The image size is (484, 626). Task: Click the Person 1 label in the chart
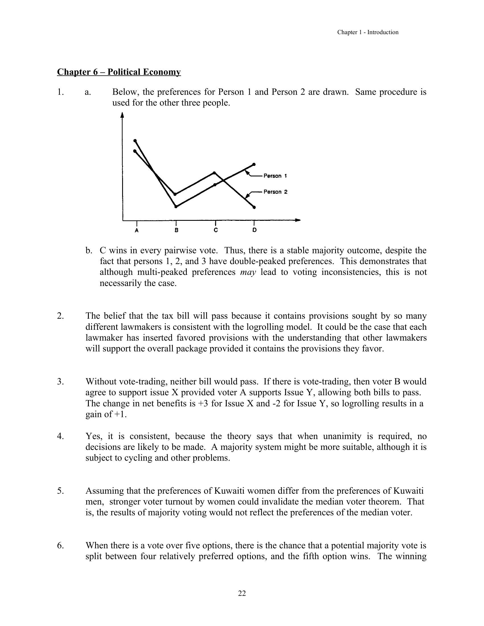click(x=275, y=176)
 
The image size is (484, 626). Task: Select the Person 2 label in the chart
click(x=275, y=192)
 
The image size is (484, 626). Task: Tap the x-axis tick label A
click(x=137, y=230)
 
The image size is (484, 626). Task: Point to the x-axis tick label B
click(x=176, y=230)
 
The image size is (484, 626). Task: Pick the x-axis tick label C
click(x=216, y=230)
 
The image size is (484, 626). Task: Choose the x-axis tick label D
click(x=254, y=230)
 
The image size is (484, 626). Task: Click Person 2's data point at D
click(x=254, y=207)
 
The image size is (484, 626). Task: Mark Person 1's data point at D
click(x=254, y=164)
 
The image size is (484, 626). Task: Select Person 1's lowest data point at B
click(x=176, y=207)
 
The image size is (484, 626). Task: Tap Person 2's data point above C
click(x=215, y=172)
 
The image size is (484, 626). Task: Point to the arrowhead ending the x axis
click(x=298, y=220)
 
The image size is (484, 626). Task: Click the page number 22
click(x=242, y=593)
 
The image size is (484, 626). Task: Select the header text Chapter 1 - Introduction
click(x=368, y=32)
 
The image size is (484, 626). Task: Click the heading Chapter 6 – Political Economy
click(x=119, y=72)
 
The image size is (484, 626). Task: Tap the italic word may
click(x=248, y=272)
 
